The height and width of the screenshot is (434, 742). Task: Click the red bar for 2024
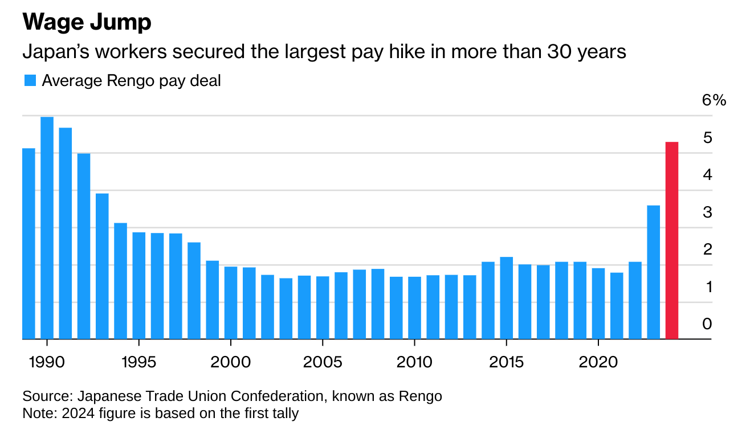coord(672,240)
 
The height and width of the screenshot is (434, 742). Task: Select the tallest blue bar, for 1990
coord(47,228)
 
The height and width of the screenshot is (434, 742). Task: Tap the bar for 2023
coord(654,272)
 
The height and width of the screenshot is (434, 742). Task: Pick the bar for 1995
coord(138,285)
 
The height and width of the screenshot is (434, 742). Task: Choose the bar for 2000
coord(230,302)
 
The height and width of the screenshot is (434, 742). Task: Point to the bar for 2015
coord(506,298)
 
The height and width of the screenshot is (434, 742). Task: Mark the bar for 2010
coord(414,308)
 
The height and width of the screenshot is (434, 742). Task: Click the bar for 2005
coord(323,308)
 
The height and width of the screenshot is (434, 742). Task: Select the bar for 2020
coord(598,304)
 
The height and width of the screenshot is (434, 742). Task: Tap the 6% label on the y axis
coord(714,101)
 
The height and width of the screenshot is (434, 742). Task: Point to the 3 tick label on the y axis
coord(708,212)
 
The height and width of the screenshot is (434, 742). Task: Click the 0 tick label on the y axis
coord(708,324)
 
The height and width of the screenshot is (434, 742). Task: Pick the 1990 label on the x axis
coord(46,362)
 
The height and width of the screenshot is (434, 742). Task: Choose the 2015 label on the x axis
coord(506,362)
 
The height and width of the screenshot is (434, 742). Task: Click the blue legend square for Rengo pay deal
coord(30,81)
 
